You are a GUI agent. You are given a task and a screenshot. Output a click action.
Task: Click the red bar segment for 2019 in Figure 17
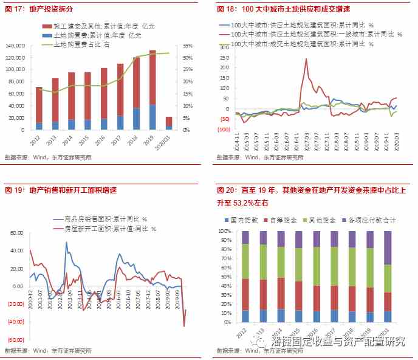coord(152,77)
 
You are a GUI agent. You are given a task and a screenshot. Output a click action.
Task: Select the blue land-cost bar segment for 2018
coord(136,119)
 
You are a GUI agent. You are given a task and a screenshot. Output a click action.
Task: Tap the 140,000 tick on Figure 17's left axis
coord(16,46)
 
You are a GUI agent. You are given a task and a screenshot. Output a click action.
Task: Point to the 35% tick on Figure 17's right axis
coord(187,46)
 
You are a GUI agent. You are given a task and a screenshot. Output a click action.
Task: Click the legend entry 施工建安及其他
coord(92,27)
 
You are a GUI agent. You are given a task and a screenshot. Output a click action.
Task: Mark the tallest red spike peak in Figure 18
coord(306,58)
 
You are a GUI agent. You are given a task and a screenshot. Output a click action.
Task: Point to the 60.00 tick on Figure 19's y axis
coord(15,233)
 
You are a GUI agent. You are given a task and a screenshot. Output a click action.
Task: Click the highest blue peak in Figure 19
coord(66,242)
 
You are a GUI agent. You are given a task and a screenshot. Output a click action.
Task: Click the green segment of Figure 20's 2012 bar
coord(245,261)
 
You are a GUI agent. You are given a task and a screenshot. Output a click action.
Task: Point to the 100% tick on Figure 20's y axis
coord(225,232)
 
